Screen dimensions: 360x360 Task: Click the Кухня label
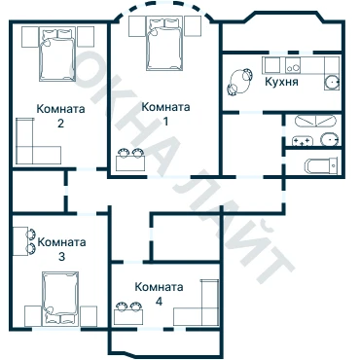[281, 82]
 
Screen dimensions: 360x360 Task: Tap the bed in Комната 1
[164, 44]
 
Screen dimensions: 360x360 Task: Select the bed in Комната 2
[57, 54]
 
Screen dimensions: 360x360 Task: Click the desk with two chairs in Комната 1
[130, 160]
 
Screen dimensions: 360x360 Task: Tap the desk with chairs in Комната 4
[128, 313]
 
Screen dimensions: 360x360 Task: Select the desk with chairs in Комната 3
[24, 241]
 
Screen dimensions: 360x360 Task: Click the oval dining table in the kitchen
[240, 81]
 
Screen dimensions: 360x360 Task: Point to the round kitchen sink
[332, 82]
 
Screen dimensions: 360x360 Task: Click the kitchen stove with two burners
[293, 65]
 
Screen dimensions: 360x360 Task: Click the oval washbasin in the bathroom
[330, 140]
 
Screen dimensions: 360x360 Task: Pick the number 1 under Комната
[165, 122]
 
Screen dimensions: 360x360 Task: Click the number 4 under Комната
[159, 302]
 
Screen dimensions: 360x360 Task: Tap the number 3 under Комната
[61, 257]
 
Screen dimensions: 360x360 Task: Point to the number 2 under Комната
[60, 124]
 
